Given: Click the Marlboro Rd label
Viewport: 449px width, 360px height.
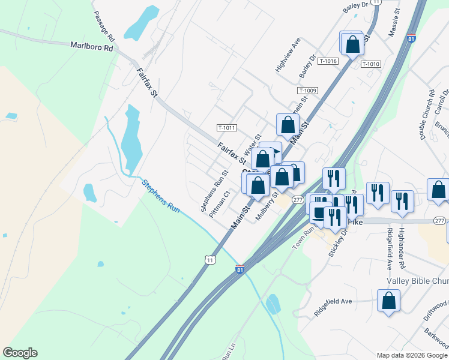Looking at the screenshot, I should tap(91, 46).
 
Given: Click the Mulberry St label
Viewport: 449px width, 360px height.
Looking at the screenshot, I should tap(266, 206).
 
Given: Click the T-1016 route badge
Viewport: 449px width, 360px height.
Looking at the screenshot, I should tap(328, 61).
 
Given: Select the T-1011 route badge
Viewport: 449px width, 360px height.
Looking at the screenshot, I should tap(227, 128).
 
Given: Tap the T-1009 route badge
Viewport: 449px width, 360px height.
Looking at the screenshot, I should tap(307, 91).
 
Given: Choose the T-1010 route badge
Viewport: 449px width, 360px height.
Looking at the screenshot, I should tap(371, 64).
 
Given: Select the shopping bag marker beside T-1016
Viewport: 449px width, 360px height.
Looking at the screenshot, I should tap(352, 43).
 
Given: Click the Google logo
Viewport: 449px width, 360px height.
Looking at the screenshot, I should tap(20, 353).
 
